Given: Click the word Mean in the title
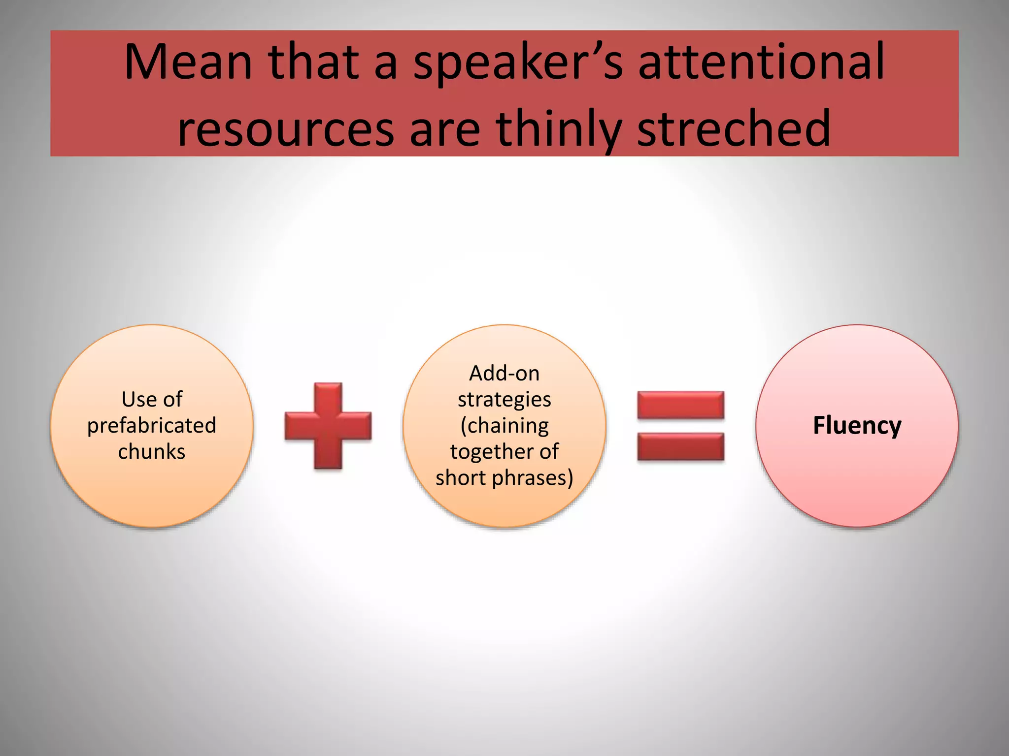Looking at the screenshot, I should click(188, 62).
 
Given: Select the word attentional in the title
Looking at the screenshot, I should click(762, 62).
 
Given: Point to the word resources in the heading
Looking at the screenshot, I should click(286, 129).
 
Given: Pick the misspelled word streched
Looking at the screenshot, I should click(734, 129).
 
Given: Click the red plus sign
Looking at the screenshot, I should click(328, 426).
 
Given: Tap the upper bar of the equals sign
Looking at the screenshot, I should click(681, 405).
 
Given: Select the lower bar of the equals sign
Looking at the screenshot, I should click(681, 447).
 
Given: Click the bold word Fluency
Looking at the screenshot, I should click(857, 425).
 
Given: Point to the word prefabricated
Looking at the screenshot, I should click(152, 425).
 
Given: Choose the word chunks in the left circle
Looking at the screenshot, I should click(152, 451).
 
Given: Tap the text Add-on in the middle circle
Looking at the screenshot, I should click(504, 373).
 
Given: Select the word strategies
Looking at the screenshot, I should click(504, 399).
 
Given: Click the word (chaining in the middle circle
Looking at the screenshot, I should click(504, 425).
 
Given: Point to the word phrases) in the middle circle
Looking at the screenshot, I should click(532, 477).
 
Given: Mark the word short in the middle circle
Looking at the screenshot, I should click(461, 477).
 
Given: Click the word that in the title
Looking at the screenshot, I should click(313, 62).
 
